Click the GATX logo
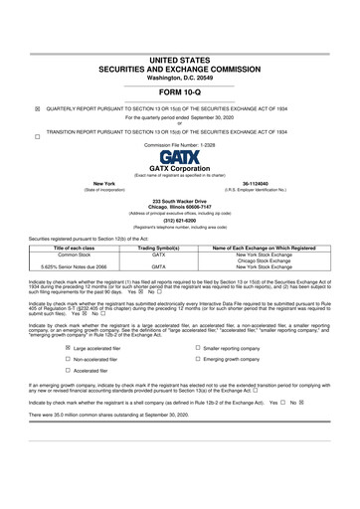180,157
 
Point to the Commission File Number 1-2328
180,145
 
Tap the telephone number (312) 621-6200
180,222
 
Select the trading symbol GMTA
159,266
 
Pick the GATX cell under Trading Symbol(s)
159,254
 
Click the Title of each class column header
61,248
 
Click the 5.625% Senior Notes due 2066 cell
61,266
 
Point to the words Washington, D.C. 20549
180,50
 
